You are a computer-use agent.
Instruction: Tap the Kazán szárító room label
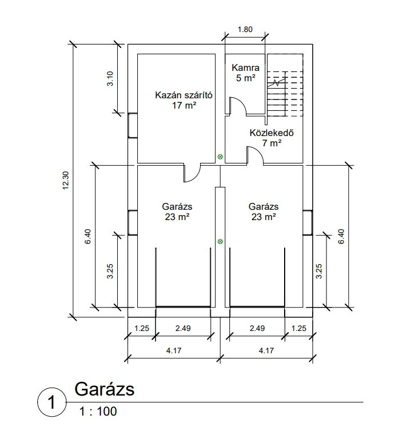[x=183, y=95]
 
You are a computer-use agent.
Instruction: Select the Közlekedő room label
[x=272, y=134]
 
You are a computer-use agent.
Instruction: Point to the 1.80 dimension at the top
[x=245, y=30]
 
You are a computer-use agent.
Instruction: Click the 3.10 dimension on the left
[x=110, y=78]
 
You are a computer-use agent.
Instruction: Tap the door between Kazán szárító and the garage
[x=191, y=173]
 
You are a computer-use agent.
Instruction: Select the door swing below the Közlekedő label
[x=254, y=155]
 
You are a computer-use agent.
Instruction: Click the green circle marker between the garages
[x=221, y=242]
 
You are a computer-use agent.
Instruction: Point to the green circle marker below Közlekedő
[x=221, y=157]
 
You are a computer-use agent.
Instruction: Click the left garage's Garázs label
[x=176, y=206]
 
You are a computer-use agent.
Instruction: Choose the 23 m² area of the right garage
[x=264, y=217]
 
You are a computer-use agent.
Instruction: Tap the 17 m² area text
[x=183, y=105]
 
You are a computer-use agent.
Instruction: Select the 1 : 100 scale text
[x=98, y=411]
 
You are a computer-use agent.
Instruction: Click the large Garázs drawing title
[x=104, y=390]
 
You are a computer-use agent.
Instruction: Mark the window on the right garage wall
[x=308, y=222]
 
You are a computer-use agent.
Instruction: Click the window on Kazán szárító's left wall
[x=132, y=125]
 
